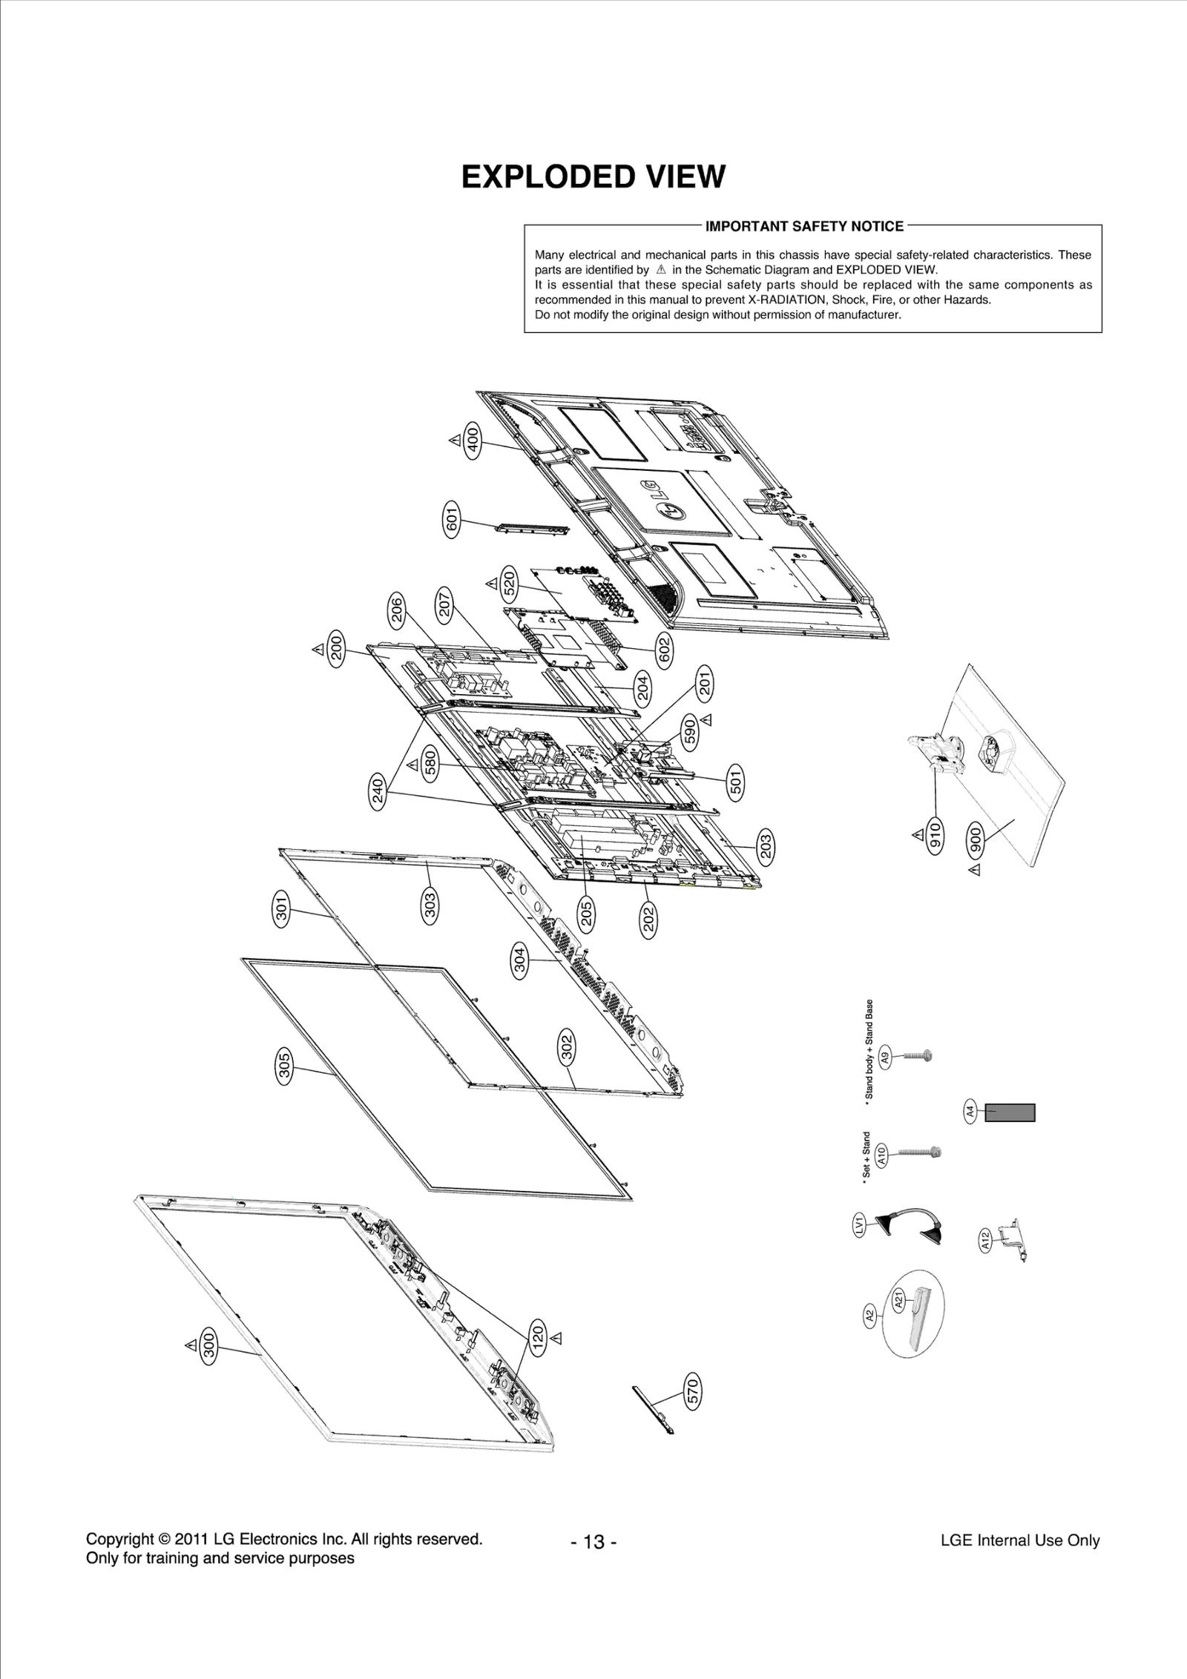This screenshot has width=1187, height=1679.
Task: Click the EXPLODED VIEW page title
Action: (593, 177)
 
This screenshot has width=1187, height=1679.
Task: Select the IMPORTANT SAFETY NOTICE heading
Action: (804, 226)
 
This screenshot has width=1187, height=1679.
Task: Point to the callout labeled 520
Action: (510, 584)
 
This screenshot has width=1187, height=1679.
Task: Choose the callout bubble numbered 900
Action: (976, 838)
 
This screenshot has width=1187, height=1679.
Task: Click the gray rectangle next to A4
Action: (1010, 1112)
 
